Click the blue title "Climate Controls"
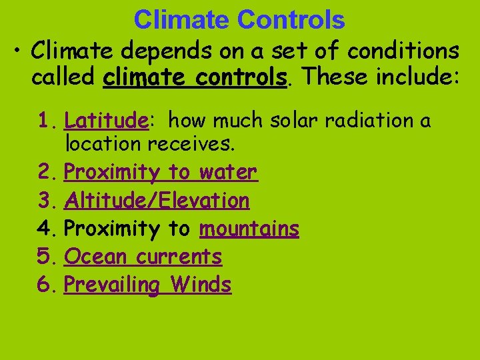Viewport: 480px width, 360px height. tap(239, 20)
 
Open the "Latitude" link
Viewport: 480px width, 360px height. tap(105, 121)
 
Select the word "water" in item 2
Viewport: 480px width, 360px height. tap(227, 172)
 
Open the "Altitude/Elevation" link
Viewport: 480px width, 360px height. tap(157, 200)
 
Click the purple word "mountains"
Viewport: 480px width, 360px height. tap(249, 229)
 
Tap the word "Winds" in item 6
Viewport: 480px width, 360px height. tap(201, 285)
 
